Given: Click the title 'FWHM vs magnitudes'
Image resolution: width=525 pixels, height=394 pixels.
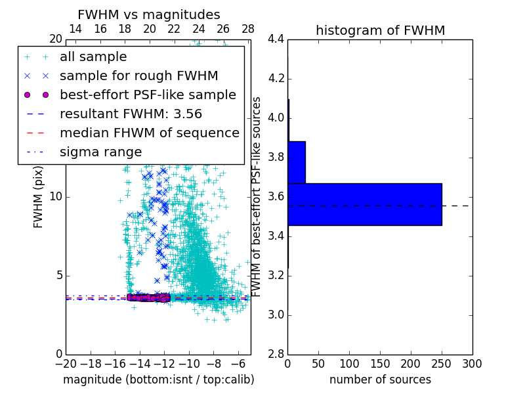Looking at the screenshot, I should [148, 15].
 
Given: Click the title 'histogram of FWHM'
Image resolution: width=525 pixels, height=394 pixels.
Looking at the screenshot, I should [380, 30].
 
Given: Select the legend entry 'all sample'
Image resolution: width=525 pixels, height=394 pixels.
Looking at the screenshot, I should [93, 57].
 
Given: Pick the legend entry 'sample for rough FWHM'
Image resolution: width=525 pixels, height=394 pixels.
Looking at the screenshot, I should [138, 76].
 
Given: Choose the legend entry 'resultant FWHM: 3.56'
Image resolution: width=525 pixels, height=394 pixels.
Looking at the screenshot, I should [131, 114].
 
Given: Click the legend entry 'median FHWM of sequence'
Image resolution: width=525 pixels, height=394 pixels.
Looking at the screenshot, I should [149, 133].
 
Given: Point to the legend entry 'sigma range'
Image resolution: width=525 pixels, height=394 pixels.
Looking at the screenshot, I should [100, 152].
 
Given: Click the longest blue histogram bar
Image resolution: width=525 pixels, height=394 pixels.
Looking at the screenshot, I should [364, 204].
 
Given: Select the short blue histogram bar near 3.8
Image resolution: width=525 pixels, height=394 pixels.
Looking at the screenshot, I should [297, 162].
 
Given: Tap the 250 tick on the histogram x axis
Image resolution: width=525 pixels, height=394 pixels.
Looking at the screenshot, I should [442, 363].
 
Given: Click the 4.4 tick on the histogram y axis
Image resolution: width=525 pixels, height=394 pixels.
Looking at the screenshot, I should [276, 39].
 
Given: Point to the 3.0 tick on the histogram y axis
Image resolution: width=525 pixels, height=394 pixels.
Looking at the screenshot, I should [276, 315].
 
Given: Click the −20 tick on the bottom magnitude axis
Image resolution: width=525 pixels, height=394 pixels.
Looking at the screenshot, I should [66, 363].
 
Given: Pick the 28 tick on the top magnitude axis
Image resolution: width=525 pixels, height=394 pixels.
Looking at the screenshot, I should [248, 29].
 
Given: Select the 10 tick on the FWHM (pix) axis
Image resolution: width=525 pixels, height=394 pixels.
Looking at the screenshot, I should [57, 197].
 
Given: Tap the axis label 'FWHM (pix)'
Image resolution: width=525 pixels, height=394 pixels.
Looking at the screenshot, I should [39, 200].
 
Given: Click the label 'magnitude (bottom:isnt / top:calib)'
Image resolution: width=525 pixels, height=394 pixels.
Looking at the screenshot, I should [158, 380].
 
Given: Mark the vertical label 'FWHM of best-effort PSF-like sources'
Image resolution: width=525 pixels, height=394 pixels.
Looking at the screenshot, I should [258, 197].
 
